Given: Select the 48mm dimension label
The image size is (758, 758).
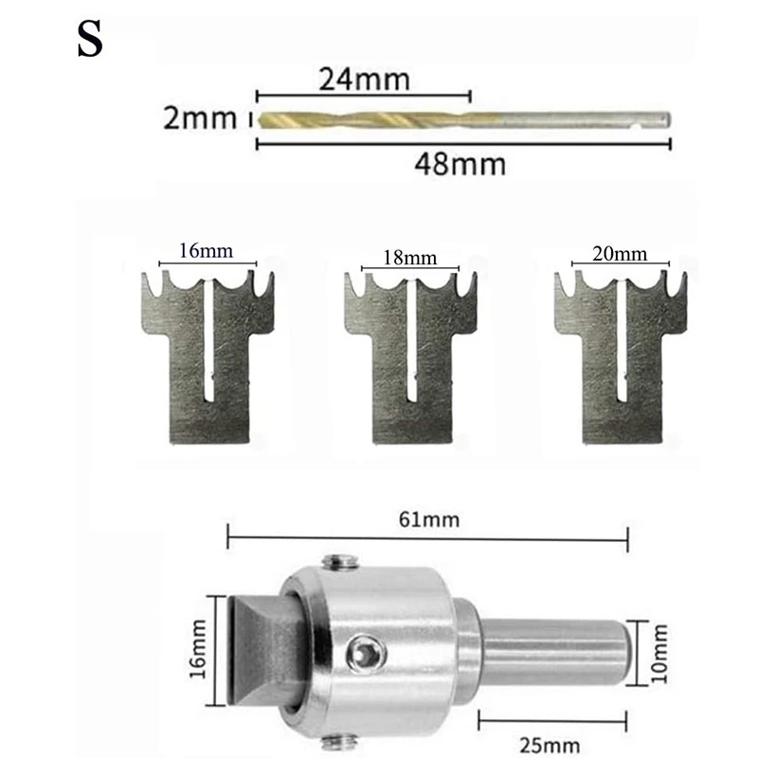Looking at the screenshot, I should click(x=460, y=164).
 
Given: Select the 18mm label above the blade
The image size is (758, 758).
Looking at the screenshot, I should click(x=409, y=257).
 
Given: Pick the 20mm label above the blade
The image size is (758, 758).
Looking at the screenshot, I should click(x=621, y=253).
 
